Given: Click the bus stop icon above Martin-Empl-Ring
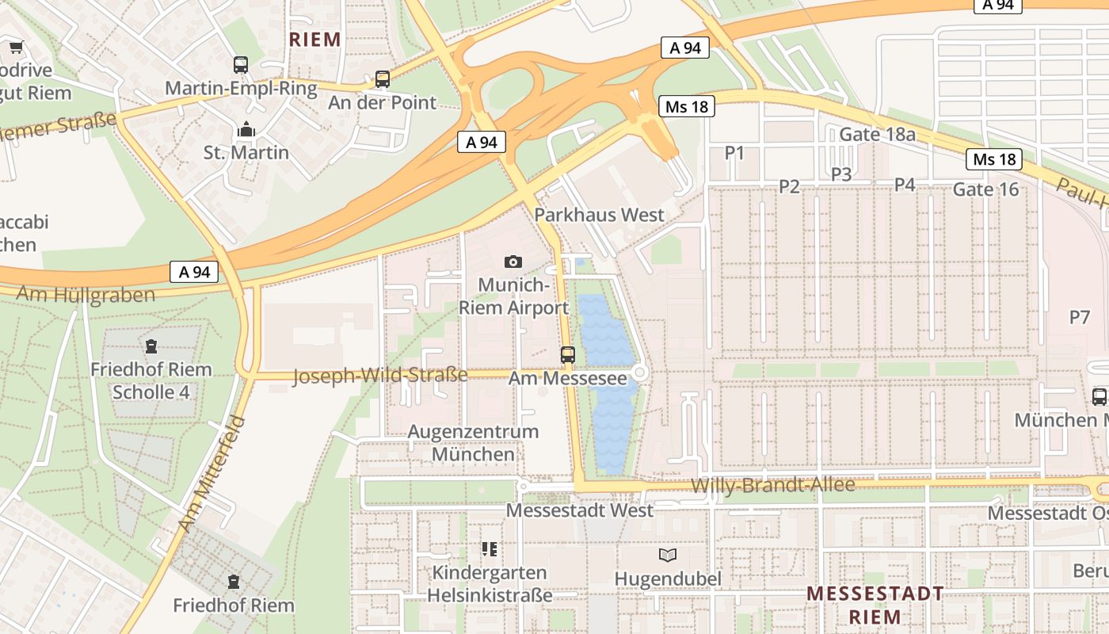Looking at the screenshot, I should pos(241,65).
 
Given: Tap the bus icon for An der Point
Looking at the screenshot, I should pos(383,79).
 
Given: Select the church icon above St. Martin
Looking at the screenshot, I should pos(246,129).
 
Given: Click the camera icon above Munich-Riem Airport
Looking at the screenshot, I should pos(513,262).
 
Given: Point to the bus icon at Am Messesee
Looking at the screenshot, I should pos(568,355).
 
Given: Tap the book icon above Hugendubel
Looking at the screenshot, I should pos(669,555).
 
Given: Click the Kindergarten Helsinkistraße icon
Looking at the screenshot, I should pos(490,548).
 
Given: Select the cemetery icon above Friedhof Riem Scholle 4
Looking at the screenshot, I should pos(151,346).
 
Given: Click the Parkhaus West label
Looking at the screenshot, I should pos(599,215).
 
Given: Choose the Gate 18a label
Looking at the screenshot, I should pos(877,135).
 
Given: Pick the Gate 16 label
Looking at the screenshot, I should pos(985,189).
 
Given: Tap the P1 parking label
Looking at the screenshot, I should pos(735,153).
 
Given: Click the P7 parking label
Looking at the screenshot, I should pos(1080,318).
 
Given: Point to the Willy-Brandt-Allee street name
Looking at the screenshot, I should pos(772,485).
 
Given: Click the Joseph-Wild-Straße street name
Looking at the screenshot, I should pos(380,375).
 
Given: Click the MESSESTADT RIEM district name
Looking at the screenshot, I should pos(875,605).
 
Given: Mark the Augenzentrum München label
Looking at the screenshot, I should pos(473,443).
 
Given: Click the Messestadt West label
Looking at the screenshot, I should pos(580,510).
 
